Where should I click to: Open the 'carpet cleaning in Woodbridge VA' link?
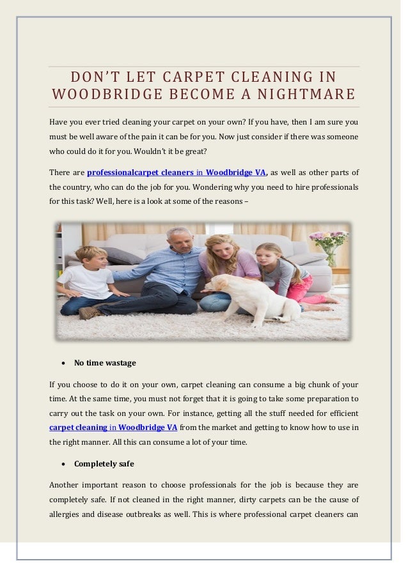pyautogui.click(x=113, y=427)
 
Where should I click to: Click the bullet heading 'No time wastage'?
pyautogui.click(x=105, y=363)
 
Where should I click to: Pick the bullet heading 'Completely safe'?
pyautogui.click(x=104, y=463)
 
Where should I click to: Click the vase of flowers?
pyautogui.click(x=329, y=247)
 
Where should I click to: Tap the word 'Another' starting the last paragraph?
pyautogui.click(x=65, y=484)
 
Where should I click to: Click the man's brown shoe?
pyautogui.click(x=90, y=312)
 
